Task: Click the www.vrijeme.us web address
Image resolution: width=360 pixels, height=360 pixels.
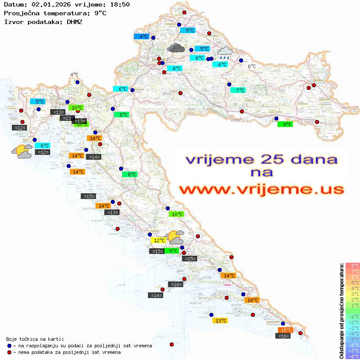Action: (261, 189)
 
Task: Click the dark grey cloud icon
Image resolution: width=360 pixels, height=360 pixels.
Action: (175, 48)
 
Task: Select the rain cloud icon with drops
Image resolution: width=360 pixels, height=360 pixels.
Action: (225, 53)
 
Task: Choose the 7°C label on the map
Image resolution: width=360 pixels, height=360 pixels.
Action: (238, 90)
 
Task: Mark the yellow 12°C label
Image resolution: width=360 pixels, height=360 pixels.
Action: (158, 240)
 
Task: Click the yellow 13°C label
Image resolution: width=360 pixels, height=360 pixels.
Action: (219, 320)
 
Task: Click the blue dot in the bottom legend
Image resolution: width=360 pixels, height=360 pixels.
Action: (9, 346)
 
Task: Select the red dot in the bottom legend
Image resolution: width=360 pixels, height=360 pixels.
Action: (9, 352)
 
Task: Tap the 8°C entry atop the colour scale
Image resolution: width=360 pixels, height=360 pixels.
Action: (353, 266)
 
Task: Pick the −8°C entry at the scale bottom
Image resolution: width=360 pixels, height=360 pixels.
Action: (353, 357)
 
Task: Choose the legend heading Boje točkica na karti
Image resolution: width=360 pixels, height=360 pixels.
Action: (35, 339)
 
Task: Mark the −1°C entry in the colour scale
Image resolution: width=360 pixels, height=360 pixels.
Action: (353, 317)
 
